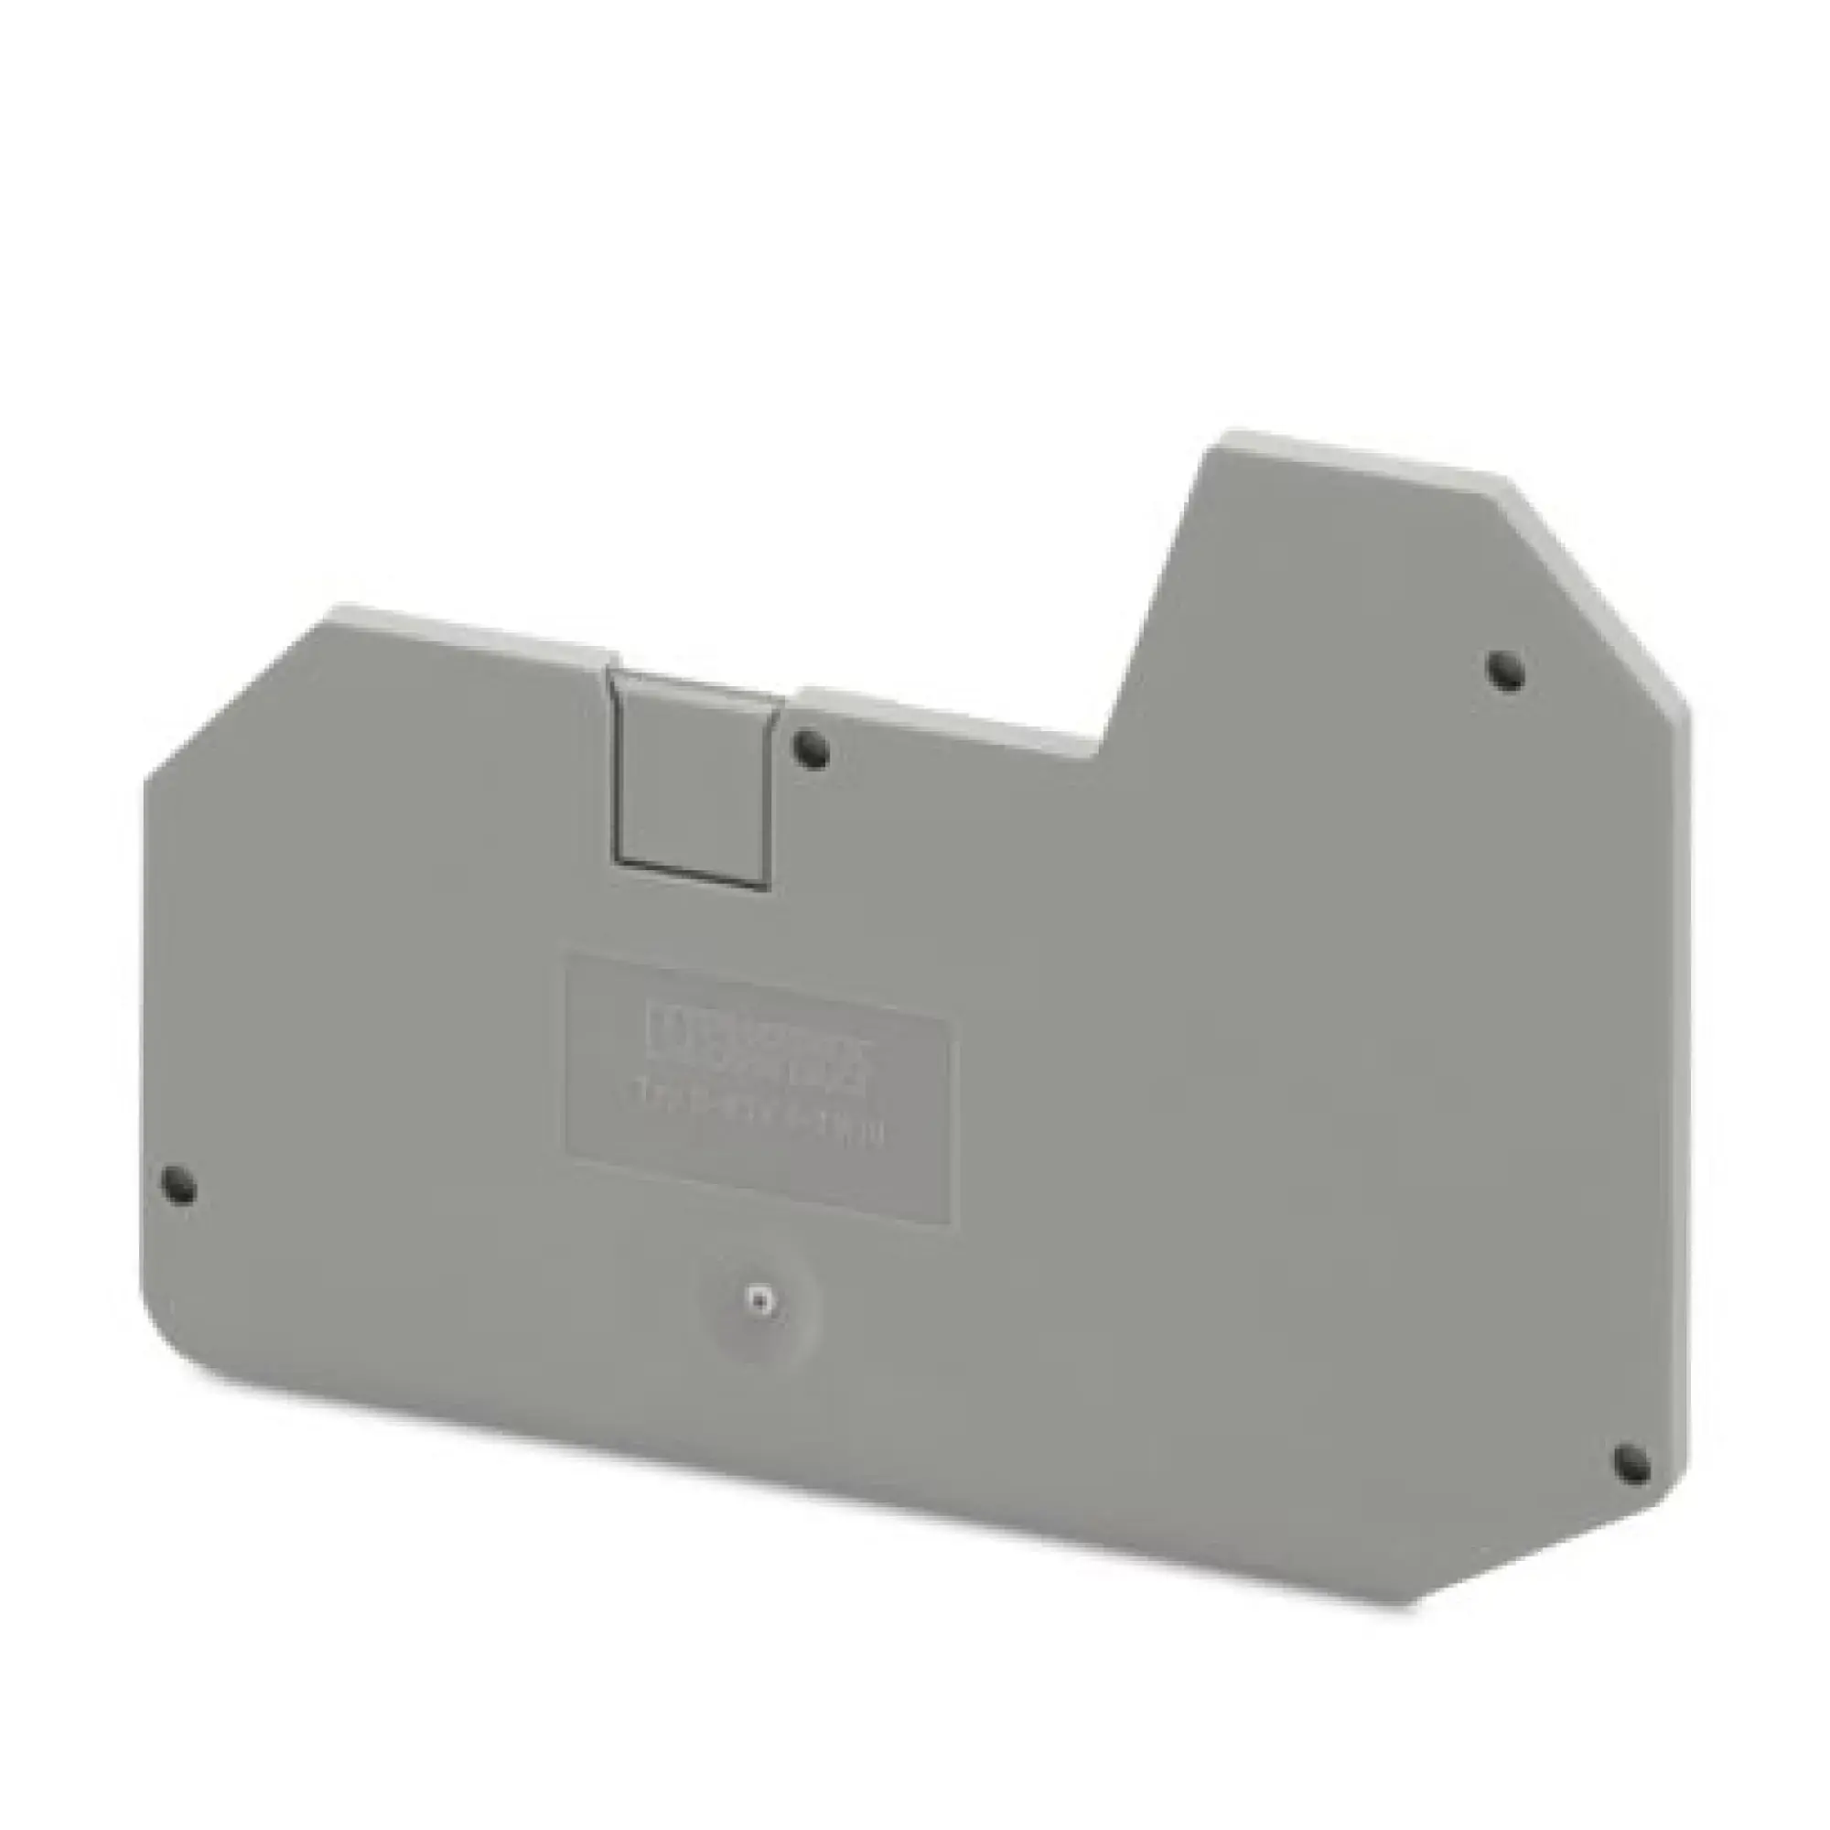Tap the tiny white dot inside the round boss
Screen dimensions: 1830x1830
coord(755,1299)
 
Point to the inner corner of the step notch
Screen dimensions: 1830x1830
coord(1103,756)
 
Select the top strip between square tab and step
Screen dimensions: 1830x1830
coord(947,718)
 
